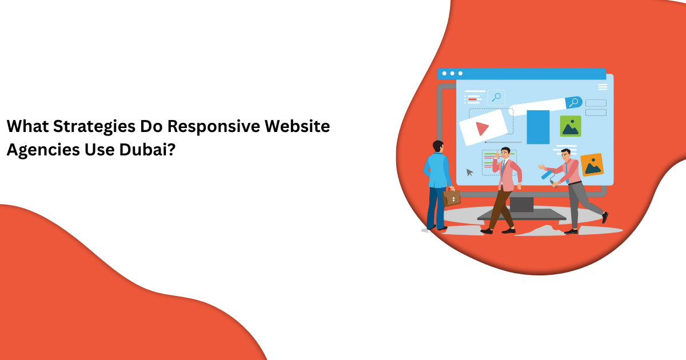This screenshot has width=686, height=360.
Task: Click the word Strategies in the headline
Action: click(x=95, y=126)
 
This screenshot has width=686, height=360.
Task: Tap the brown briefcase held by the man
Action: click(x=452, y=197)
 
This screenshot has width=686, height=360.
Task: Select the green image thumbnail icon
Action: click(x=570, y=126)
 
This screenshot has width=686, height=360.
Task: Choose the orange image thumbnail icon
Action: click(x=592, y=165)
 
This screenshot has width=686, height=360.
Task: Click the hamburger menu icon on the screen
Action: click(x=603, y=87)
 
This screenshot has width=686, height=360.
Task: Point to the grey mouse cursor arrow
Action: click(x=469, y=172)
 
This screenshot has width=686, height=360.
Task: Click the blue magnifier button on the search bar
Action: click(x=573, y=102)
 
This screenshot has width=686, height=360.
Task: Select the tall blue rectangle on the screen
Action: click(x=538, y=127)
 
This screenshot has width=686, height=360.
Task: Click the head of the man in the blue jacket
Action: click(x=438, y=146)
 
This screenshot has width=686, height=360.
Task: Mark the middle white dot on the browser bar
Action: click(x=452, y=73)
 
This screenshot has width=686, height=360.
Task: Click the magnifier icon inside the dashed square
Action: click(x=496, y=97)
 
